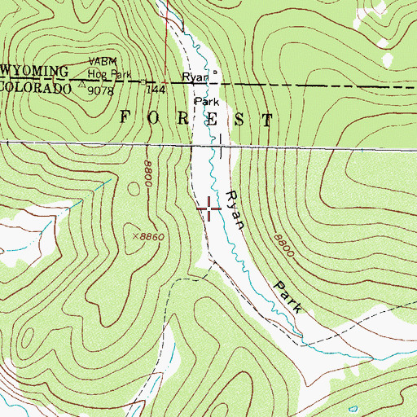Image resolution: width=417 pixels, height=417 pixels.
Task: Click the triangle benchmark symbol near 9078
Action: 85,81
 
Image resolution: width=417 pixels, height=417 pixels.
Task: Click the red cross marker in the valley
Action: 209,210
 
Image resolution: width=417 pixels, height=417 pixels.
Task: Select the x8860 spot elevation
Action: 148,235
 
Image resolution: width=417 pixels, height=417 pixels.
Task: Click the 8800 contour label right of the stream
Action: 283,248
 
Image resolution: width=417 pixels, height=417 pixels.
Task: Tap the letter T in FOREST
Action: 267,120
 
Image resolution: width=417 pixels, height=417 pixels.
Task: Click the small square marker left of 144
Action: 143,82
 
